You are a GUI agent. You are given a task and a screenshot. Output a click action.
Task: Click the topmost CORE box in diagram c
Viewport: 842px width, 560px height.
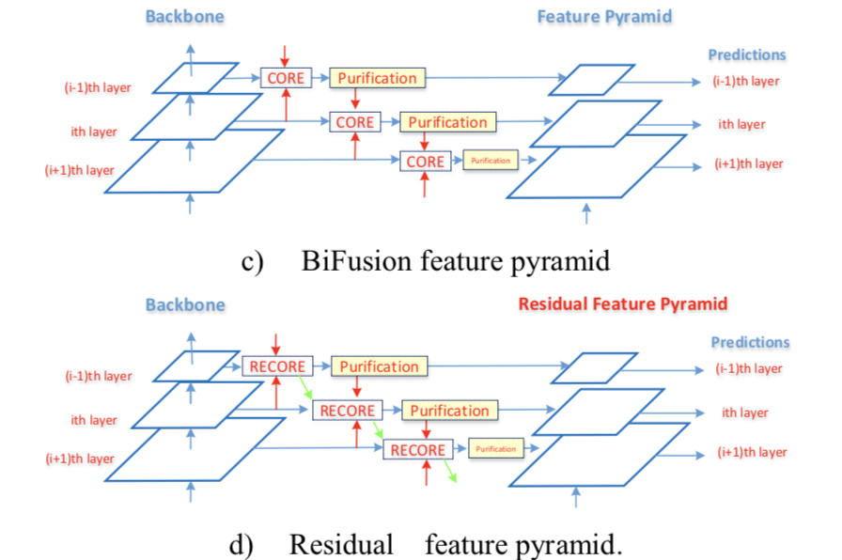286,78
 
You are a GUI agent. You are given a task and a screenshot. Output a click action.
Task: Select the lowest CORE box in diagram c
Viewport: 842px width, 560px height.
425,162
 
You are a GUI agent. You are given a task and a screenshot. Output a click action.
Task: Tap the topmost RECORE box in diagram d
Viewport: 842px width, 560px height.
276,366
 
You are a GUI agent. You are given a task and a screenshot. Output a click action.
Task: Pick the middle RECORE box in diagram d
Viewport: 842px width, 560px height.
347,411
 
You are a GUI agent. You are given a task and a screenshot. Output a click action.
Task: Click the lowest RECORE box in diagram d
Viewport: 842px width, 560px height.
417,450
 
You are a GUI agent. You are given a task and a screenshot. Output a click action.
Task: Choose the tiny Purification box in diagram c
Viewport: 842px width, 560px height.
489,161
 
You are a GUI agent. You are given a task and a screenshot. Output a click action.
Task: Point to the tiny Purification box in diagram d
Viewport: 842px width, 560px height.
495,449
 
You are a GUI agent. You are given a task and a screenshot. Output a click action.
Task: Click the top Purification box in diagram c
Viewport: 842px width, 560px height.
377,78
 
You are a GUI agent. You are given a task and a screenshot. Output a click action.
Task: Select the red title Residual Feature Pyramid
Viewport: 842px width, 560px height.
622,303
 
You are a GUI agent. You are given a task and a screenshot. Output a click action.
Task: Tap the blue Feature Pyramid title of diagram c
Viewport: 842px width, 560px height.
604,17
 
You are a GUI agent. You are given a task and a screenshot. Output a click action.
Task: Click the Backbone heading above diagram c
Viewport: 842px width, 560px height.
184,17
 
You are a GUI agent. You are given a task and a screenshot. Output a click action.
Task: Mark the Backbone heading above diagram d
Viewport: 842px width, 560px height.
185,304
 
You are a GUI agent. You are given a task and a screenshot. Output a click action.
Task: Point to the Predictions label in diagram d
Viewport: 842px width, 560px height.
749,342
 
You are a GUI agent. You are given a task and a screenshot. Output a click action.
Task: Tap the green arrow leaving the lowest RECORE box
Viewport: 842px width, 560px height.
451,472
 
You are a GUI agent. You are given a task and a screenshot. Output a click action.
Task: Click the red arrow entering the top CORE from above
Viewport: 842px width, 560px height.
285,54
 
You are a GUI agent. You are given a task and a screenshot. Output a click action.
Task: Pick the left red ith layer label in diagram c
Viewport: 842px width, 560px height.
94,132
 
